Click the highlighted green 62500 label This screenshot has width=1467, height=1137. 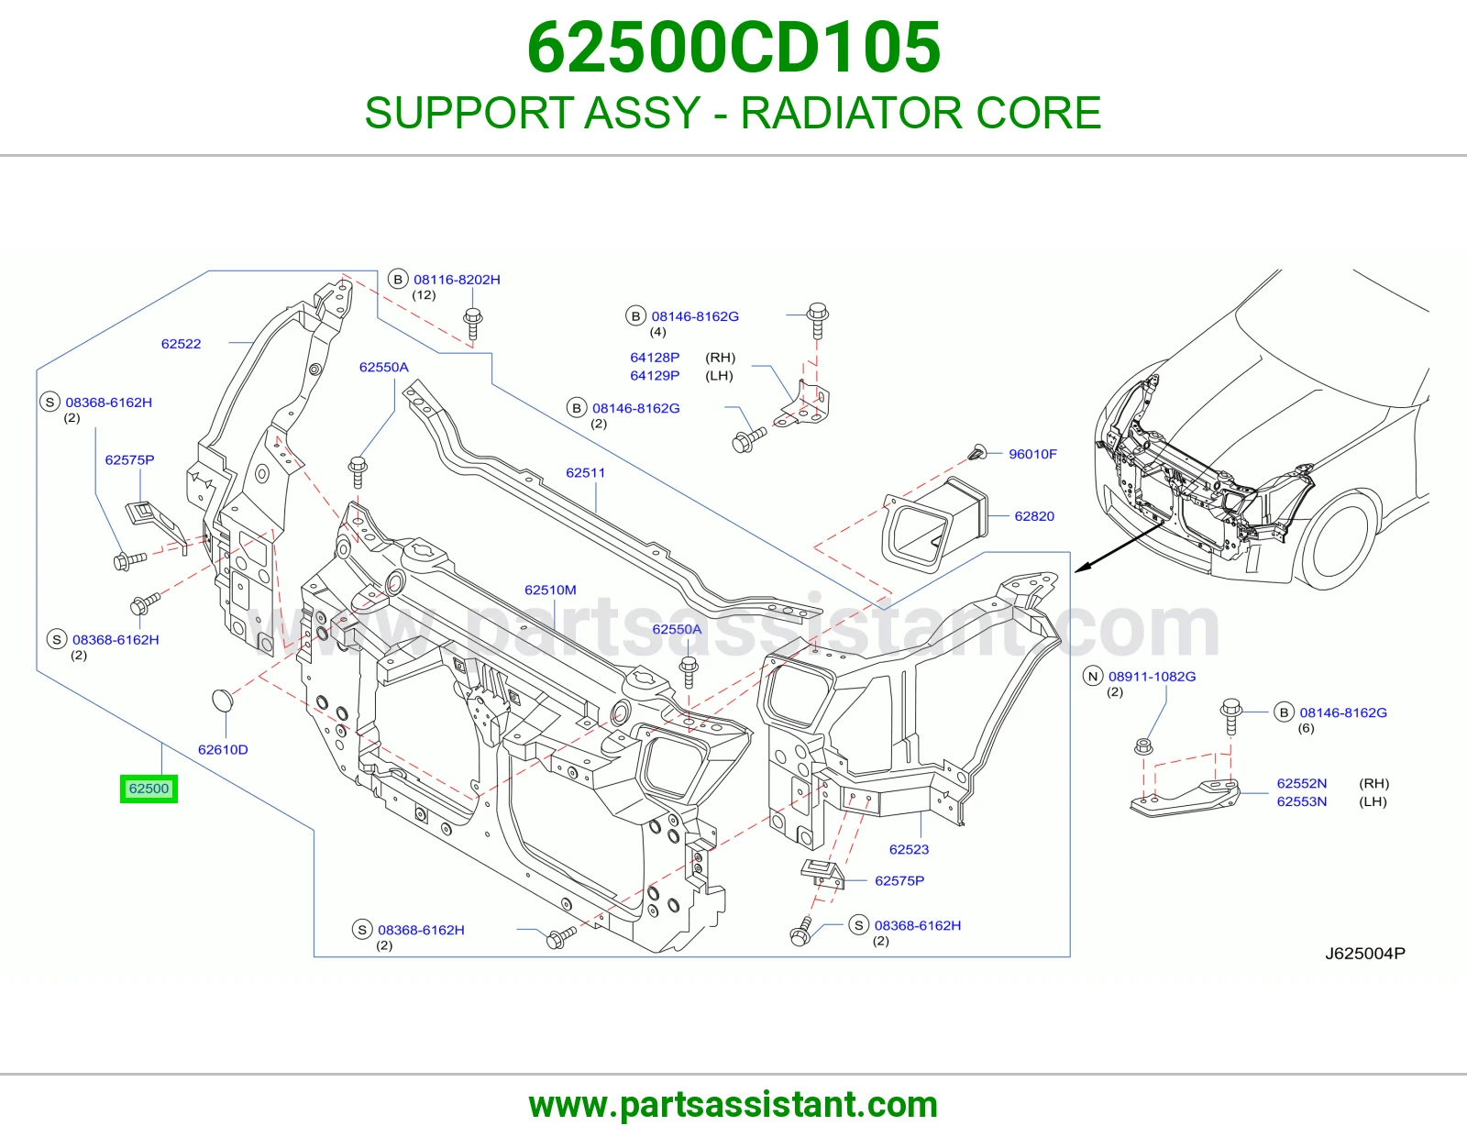click(x=149, y=789)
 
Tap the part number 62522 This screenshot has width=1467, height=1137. click(x=181, y=344)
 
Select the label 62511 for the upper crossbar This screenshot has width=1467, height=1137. click(x=585, y=472)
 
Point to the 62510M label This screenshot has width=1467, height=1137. click(x=550, y=590)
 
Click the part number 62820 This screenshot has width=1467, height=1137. click(x=1034, y=516)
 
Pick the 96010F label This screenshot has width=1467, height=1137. click(x=1033, y=454)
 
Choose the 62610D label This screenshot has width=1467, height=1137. click(x=223, y=749)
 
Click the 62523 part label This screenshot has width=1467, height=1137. click(x=909, y=849)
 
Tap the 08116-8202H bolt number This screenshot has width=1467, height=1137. click(x=457, y=280)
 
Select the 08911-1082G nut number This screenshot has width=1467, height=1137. click(x=1153, y=677)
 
